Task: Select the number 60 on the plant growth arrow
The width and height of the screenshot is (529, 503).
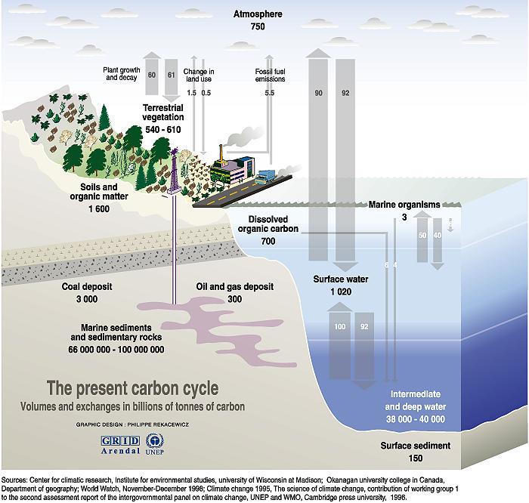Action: tap(151, 75)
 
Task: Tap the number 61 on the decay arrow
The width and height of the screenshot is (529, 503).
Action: tap(170, 75)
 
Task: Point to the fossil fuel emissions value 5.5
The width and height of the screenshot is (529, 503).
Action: tap(269, 92)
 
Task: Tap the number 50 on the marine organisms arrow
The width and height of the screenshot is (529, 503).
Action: tap(422, 236)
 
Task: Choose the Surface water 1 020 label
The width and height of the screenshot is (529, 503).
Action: tap(340, 284)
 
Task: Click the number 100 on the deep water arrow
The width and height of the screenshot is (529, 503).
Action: tap(339, 326)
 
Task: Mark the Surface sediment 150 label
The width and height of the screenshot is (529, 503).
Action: tap(415, 451)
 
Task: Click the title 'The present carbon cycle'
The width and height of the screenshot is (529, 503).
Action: tap(133, 389)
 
